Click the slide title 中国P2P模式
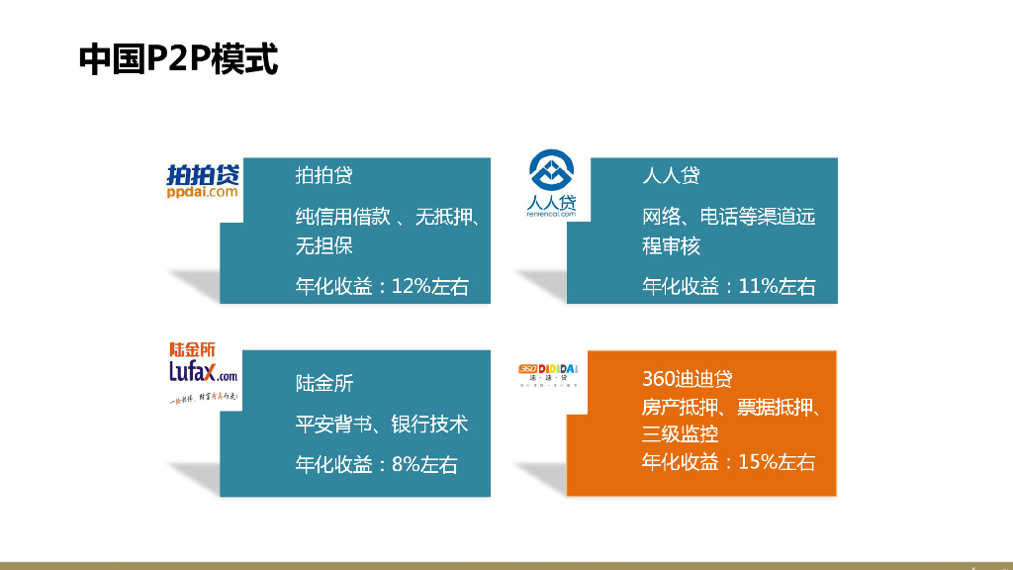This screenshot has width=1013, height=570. point(179,59)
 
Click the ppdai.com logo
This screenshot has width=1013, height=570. point(203,183)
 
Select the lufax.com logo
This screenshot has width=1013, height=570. point(203,371)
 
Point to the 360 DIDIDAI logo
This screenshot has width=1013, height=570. point(548,373)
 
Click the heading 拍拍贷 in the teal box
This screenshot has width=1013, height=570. point(323,176)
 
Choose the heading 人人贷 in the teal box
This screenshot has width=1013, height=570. point(671,176)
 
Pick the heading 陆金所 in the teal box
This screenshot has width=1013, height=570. point(323,383)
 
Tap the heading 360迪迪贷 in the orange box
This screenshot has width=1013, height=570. point(687,379)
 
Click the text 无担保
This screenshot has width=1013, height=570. point(323,245)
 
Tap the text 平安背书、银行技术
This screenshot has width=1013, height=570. point(382,425)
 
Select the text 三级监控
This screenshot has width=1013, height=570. point(680,434)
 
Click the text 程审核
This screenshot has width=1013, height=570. point(671,245)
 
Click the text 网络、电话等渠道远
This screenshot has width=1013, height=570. point(729,217)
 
